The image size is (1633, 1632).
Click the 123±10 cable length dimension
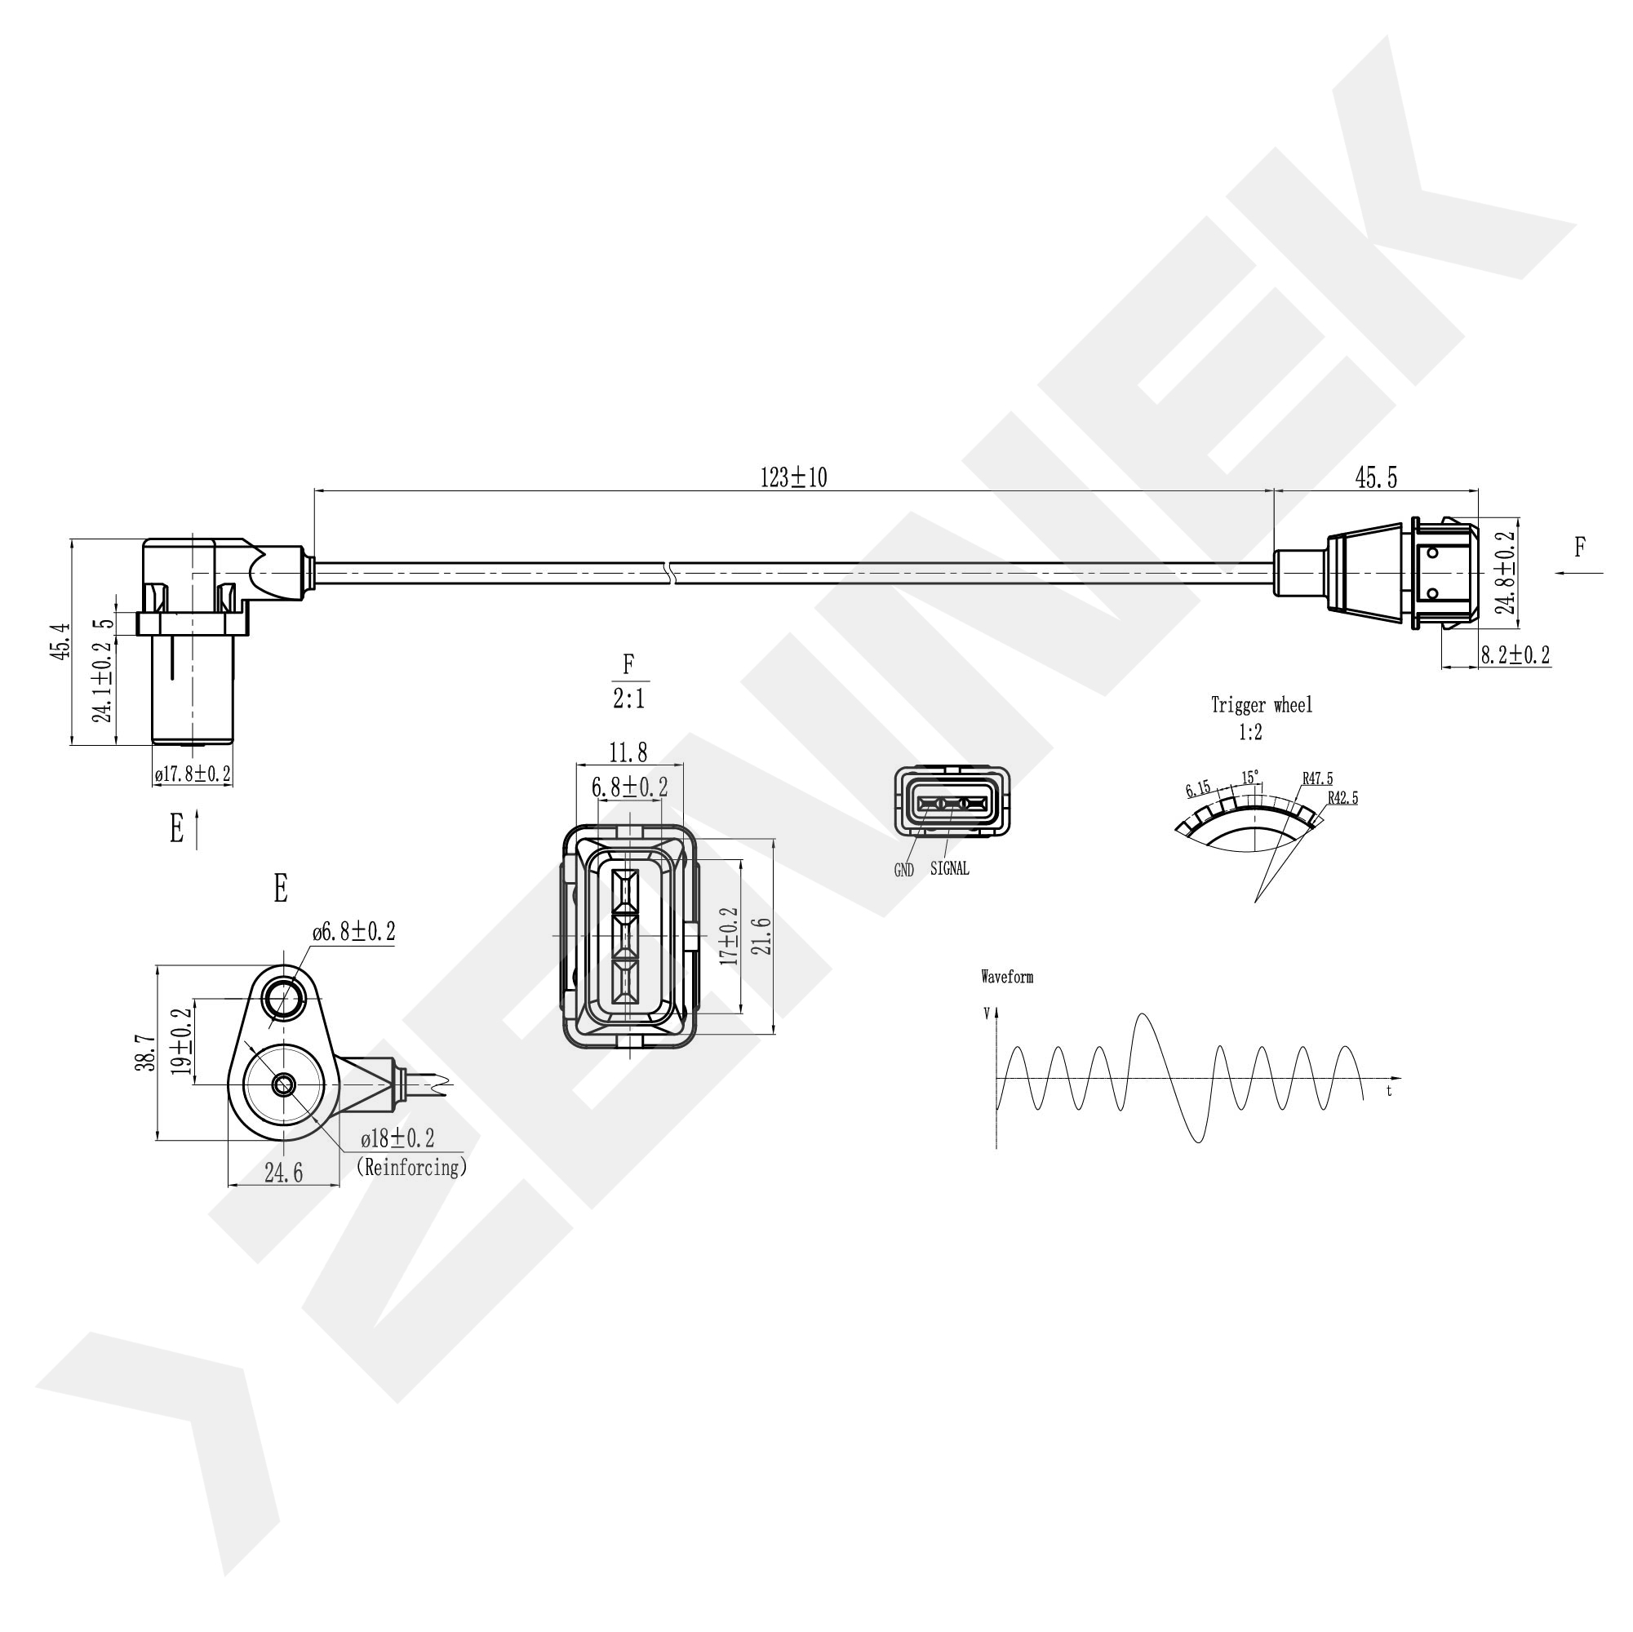pos(793,478)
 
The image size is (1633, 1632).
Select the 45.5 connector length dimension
pos(1376,478)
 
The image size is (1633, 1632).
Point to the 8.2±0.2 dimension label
pos(1515,655)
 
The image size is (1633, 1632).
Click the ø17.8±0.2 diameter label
pos(193,774)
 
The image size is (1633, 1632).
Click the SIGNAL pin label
pos(949,869)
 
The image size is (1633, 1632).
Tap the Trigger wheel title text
pos(1261,705)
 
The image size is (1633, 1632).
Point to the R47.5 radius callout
pos(1317,778)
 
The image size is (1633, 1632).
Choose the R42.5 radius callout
pos(1342,798)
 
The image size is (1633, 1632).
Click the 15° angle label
pos(1249,777)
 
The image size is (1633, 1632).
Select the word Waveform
pos(1007,977)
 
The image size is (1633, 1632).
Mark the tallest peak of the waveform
pos(1143,1013)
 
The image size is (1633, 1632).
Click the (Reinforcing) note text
pos(410,1167)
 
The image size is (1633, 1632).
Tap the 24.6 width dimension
pos(283,1173)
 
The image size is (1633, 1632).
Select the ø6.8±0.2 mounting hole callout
pos(353,932)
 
